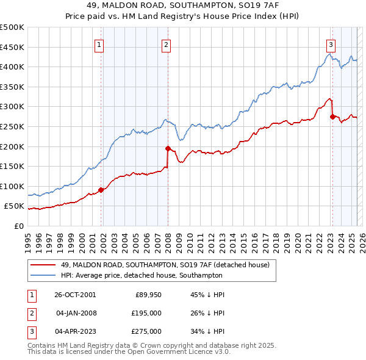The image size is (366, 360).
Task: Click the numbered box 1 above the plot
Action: coord(99,43)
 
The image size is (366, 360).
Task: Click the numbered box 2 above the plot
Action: coord(166,43)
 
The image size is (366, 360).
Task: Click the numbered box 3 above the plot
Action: coord(330,43)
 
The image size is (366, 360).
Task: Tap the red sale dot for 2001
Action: coord(101,190)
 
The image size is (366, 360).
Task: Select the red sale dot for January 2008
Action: coord(168,148)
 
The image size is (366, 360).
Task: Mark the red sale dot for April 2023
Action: coord(332,117)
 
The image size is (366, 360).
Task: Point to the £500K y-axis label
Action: coord(12,27)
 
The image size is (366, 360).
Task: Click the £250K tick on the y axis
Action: coord(12,126)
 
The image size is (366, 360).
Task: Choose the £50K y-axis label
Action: coord(15,206)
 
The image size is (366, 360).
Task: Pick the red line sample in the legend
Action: coord(43,264)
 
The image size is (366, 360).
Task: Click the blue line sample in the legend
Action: coord(43,275)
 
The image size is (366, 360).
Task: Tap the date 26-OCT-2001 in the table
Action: coord(75,295)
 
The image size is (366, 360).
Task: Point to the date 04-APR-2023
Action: coord(75,331)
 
